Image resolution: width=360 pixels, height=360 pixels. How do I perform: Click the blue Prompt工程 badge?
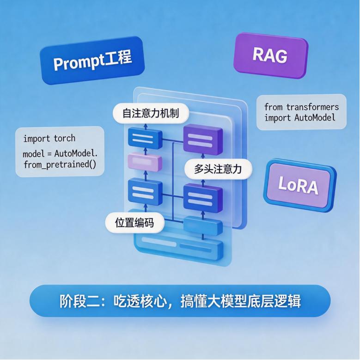click(x=92, y=61)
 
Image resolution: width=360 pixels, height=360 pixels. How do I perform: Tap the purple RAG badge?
click(x=270, y=55)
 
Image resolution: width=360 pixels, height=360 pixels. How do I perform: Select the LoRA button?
click(x=299, y=185)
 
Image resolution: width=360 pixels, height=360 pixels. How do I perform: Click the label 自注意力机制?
click(x=151, y=113)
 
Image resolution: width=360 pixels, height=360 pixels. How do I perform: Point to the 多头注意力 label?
click(x=218, y=169)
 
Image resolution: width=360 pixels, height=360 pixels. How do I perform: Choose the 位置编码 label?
click(x=134, y=222)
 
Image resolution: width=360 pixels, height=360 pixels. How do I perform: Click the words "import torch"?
click(x=49, y=139)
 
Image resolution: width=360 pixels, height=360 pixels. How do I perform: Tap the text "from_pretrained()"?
click(x=60, y=165)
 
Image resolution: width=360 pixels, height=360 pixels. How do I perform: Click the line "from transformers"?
click(x=301, y=107)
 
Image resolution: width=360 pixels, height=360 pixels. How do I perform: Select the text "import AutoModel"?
click(x=300, y=118)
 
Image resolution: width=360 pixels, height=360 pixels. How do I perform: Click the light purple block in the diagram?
click(x=145, y=162)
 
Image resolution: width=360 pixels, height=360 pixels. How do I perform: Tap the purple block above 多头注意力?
click(x=203, y=139)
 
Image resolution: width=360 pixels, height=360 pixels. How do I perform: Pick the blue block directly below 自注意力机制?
click(x=145, y=139)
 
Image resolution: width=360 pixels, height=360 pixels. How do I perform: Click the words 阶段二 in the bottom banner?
click(x=80, y=301)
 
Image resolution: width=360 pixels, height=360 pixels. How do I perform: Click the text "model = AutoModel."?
click(x=60, y=153)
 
